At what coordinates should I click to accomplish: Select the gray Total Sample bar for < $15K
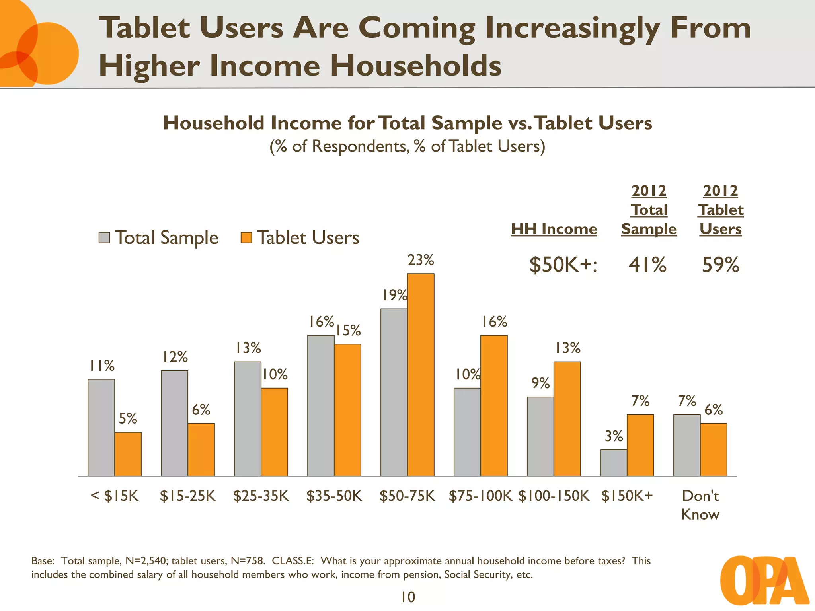[101, 428]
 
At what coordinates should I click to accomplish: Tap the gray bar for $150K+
[614, 463]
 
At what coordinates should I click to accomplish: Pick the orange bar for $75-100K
[494, 406]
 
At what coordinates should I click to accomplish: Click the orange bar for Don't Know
[714, 449]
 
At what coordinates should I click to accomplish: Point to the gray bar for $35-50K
[321, 406]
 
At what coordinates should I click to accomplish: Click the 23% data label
[421, 260]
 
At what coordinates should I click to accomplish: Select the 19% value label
[394, 295]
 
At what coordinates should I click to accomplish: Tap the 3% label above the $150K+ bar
[614, 436]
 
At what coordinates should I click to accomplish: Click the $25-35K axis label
[261, 496]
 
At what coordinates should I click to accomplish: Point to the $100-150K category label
[554, 496]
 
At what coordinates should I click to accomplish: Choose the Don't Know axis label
[700, 505]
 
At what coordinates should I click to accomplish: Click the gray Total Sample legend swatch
[104, 238]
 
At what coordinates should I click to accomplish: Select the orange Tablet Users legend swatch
[246, 238]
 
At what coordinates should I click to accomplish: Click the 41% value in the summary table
[647, 265]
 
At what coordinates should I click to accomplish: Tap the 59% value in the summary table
[720, 265]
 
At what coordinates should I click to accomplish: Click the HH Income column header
[554, 229]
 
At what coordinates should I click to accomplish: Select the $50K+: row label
[563, 265]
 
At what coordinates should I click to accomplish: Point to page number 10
[408, 597]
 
